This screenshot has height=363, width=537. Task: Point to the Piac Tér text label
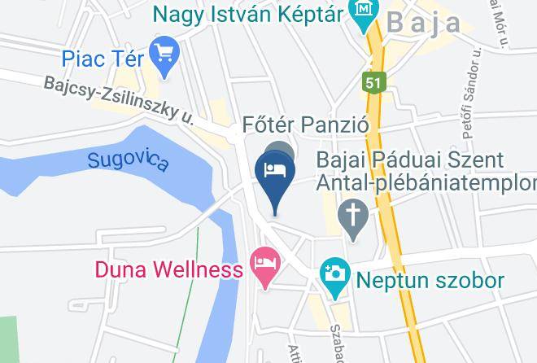click(x=103, y=59)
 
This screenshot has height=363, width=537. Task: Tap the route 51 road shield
click(x=373, y=82)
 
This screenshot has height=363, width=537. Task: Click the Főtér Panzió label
click(x=307, y=126)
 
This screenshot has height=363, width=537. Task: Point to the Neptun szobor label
click(x=430, y=282)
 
